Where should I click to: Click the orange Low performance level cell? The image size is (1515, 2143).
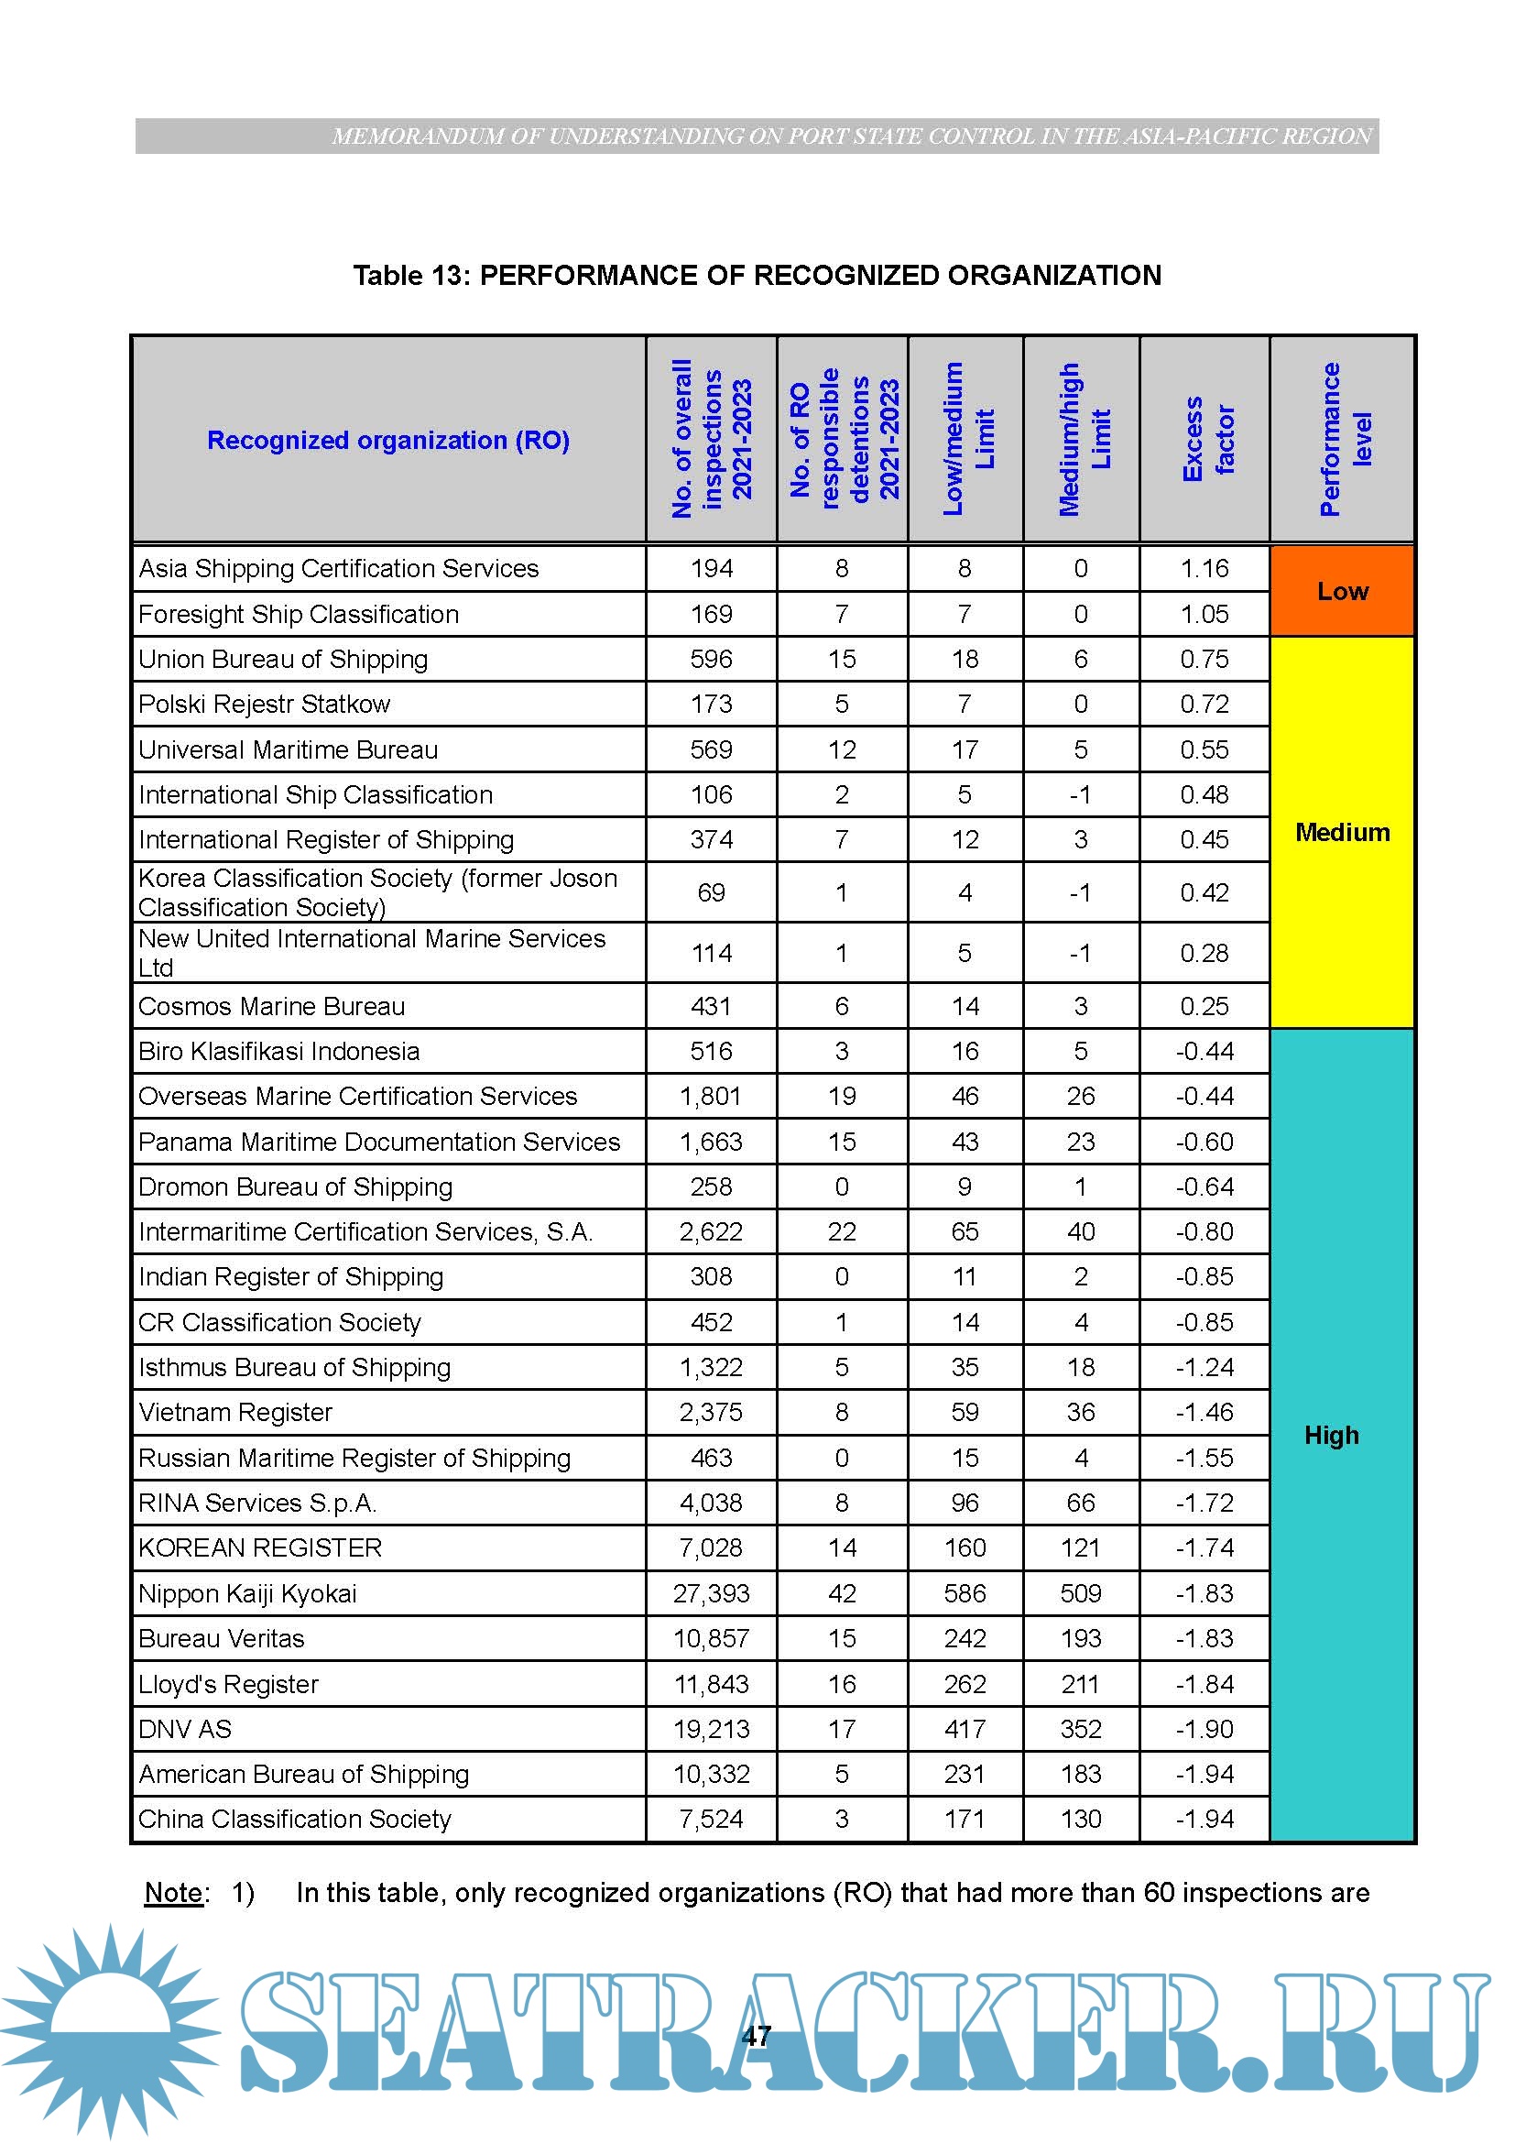point(1342,591)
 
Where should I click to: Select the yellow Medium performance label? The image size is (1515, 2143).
point(1342,832)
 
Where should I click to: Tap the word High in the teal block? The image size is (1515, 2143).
point(1331,1435)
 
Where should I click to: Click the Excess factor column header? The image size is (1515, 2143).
point(1205,439)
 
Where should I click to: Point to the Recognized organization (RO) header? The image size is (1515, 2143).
point(388,440)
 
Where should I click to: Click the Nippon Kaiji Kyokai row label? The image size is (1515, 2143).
point(247,1593)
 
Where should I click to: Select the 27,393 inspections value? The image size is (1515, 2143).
point(711,1593)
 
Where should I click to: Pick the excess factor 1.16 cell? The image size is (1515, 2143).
point(1204,568)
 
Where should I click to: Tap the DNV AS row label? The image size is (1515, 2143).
point(185,1729)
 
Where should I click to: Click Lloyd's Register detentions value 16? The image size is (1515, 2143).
point(842,1684)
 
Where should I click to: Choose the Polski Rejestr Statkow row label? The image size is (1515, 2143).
point(264,704)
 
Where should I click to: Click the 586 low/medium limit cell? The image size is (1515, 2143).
point(965,1593)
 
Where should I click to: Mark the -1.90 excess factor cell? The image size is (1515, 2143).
point(1204,1729)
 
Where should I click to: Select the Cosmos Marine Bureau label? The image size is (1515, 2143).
point(271,1006)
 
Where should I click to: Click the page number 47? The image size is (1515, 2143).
point(756,2037)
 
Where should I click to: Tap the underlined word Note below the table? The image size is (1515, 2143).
point(173,1893)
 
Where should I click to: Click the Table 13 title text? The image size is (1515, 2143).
point(757,276)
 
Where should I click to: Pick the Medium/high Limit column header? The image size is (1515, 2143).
point(1082,439)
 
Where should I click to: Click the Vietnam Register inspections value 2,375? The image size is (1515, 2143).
point(711,1412)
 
